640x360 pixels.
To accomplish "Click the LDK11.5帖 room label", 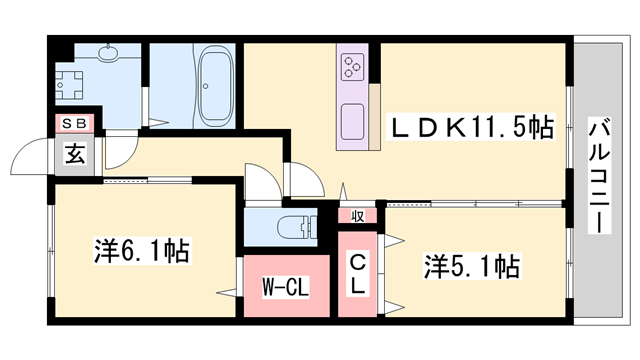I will (x=471, y=127).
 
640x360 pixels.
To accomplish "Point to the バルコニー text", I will (x=600, y=176).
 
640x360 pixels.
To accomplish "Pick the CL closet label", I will (x=357, y=273).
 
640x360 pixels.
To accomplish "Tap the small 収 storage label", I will (x=357, y=214).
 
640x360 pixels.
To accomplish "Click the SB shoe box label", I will (x=75, y=124).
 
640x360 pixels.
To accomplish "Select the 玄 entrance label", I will (x=75, y=154).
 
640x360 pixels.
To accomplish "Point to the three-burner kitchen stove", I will (x=352, y=67).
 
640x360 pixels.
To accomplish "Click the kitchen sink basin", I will (x=352, y=123).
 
